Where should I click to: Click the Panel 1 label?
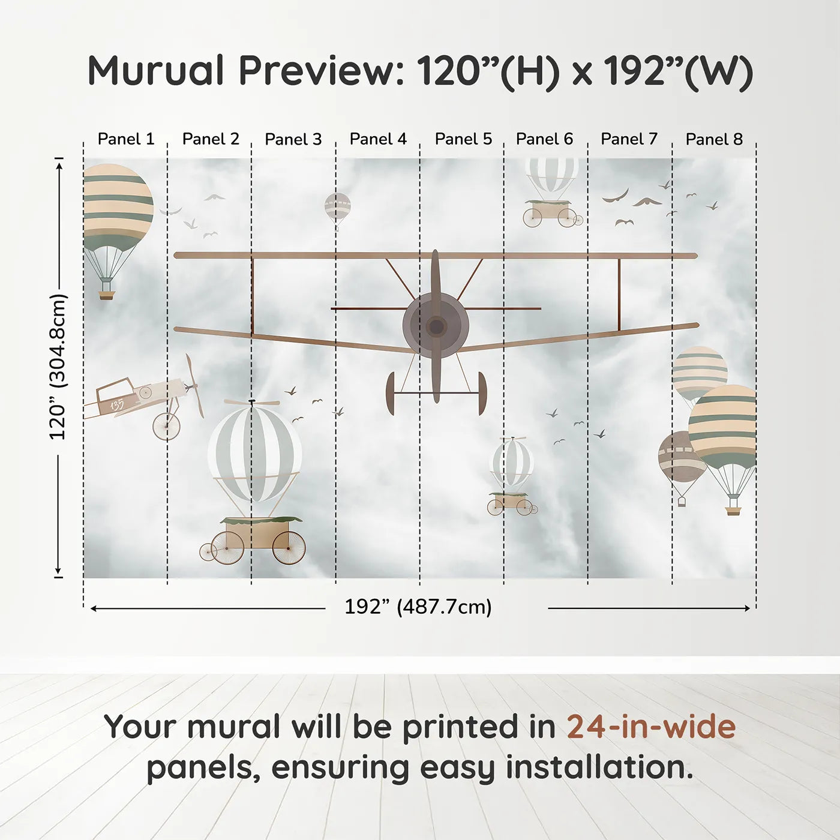coord(125,139)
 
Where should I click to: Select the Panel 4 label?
coord(378,139)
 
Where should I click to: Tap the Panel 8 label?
coord(714,139)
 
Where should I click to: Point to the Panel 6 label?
coord(544,139)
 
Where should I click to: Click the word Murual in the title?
coord(155,71)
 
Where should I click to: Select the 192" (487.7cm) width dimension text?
coord(418,607)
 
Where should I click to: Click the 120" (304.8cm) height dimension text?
coord(58,367)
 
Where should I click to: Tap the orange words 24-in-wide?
coord(651,727)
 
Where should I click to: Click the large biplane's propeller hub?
coord(436,327)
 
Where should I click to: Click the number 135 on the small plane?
coord(118,405)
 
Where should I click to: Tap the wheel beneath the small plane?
coord(166,426)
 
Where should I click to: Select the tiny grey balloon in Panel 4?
coord(337,207)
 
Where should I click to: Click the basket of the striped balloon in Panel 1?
coord(106,295)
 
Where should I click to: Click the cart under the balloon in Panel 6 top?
coord(549,211)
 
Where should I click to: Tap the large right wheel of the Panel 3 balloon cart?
coord(289,547)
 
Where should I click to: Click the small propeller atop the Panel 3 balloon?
coord(252,402)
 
